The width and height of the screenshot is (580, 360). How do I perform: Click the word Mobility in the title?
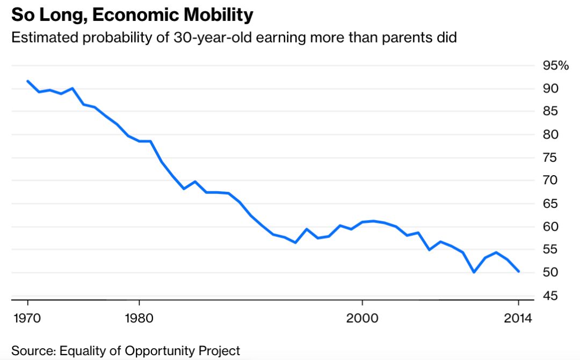218,15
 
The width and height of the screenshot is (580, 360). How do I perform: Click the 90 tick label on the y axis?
550,89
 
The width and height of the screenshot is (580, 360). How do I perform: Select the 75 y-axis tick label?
550,157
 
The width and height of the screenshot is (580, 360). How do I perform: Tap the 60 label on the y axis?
550,227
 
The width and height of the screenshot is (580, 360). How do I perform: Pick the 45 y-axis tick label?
550,296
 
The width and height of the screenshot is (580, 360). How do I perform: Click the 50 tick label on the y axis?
550,273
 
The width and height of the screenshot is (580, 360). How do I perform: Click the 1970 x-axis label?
27,317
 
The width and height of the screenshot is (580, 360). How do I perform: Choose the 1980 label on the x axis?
139,317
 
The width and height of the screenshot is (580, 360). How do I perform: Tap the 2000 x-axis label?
363,317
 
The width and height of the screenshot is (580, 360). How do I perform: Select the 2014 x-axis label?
518,317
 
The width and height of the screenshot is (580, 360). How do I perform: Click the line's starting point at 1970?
27,81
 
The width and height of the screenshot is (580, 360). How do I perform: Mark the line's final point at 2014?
519,272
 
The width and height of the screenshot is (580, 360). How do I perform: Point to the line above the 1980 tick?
139,141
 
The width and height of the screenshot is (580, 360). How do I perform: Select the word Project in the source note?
221,351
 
